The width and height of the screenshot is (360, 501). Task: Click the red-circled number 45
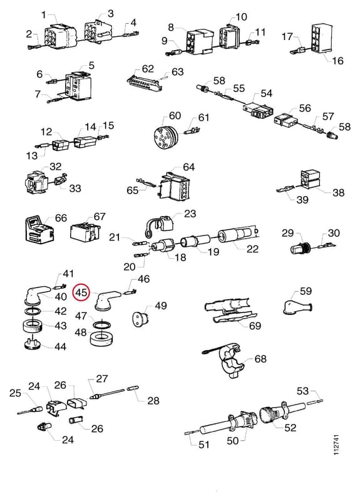[81, 292]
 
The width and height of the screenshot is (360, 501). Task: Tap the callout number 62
[148, 69]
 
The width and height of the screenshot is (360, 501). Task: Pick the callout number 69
[255, 326]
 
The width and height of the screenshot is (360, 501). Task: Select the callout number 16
[337, 60]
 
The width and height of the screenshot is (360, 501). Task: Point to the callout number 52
[290, 428]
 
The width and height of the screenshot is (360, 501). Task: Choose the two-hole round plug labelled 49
[140, 319]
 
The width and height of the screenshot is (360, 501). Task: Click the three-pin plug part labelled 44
[33, 344]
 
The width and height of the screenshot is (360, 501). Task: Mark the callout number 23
[190, 214]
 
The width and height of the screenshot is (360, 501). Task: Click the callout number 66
[61, 218]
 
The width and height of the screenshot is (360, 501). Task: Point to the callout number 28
[153, 400]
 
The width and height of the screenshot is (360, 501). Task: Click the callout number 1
[44, 14]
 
